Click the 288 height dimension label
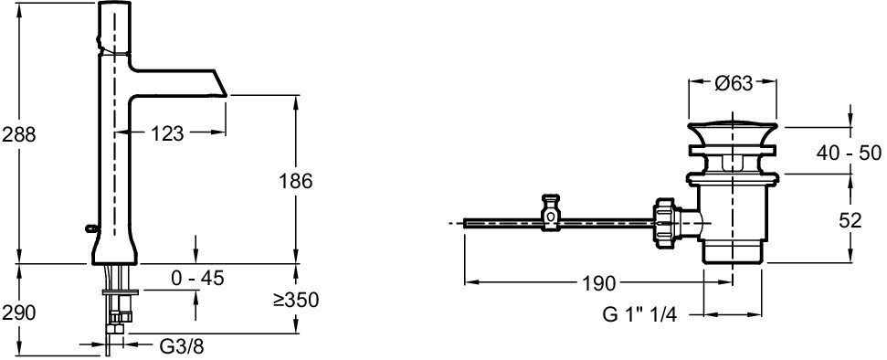coord(19,134)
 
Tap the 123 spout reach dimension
coord(167,133)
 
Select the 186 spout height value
coord(295,181)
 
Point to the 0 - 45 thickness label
coord(197,278)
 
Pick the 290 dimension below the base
coord(19,312)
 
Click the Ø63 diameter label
coord(734,84)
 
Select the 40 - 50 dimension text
coord(850,153)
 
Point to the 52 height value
coord(850,220)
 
